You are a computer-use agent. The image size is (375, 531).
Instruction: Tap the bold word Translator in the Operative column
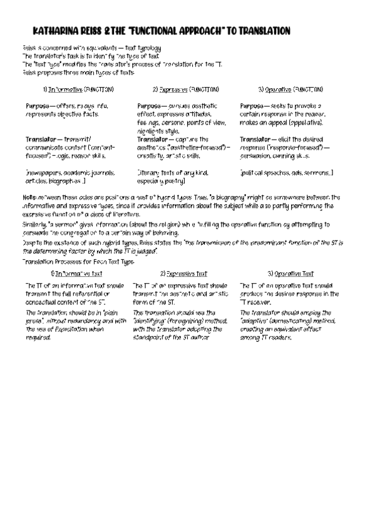(x=255, y=139)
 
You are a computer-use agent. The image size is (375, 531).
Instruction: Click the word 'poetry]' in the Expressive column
(x=173, y=180)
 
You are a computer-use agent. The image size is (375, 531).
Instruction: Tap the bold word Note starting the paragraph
(x=28, y=197)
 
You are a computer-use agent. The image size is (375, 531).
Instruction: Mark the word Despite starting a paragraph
(x=33, y=242)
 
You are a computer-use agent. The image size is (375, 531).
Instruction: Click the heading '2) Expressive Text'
(x=183, y=274)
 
